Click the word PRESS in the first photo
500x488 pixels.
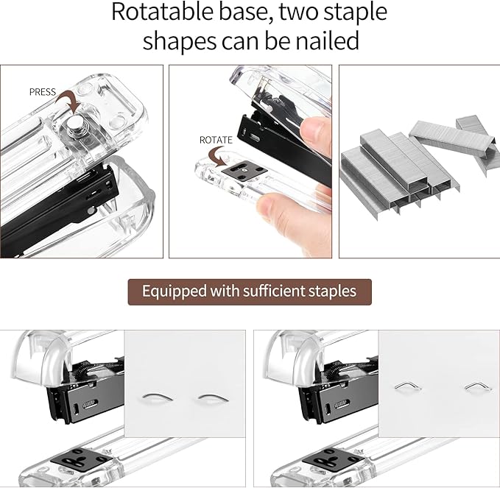click(x=43, y=92)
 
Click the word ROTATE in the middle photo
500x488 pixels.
click(x=216, y=139)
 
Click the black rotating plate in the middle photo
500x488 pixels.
click(x=244, y=174)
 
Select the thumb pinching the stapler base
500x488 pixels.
click(x=277, y=202)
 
